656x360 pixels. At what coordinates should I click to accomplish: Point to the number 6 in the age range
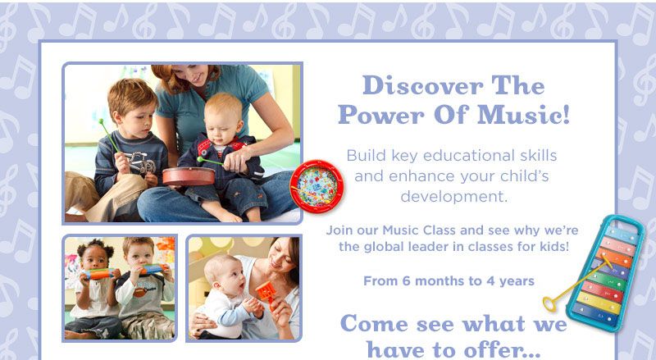(x=406, y=281)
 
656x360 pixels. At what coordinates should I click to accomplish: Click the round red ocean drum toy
(x=317, y=186)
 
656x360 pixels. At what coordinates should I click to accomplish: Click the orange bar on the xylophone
(x=614, y=257)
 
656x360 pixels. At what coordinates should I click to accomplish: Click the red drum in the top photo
(x=189, y=176)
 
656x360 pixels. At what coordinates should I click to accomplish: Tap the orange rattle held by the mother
(x=265, y=294)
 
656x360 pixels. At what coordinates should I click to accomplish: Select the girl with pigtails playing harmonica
(x=93, y=289)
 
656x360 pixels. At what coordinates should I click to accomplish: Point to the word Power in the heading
(x=381, y=115)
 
